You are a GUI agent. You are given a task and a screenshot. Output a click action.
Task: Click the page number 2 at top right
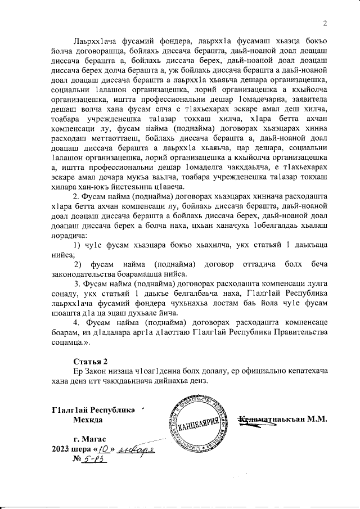(x=325, y=23)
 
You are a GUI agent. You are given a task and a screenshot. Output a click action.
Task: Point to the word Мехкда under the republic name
(x=88, y=420)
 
